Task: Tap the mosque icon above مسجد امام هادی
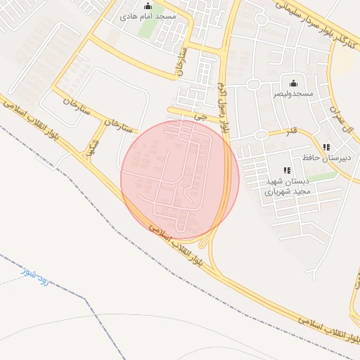tap(147, 6)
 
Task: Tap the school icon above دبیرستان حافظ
tap(326, 147)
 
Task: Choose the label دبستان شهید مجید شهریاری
tap(287, 186)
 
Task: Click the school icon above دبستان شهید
tap(286, 170)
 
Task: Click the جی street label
tap(202, 119)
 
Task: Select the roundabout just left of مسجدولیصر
tap(253, 85)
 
